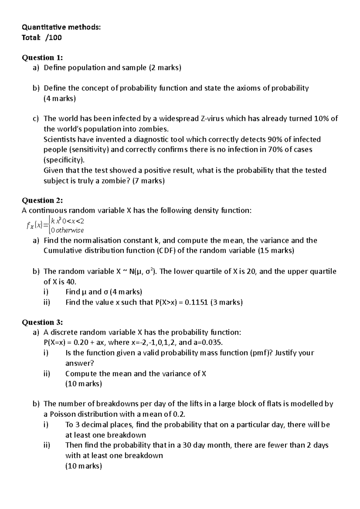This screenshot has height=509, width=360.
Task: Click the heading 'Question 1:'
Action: tap(42, 58)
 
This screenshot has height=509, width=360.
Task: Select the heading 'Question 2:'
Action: tap(42, 200)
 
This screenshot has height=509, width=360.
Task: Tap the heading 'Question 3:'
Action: tap(42, 322)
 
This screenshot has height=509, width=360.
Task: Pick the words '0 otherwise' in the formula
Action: tap(67, 231)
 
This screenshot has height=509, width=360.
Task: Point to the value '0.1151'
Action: tap(196, 302)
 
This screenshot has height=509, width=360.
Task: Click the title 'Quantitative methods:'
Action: tap(61, 27)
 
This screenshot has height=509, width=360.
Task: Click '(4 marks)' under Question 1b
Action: tap(60, 98)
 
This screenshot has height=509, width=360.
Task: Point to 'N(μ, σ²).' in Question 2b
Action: tap(145, 272)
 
